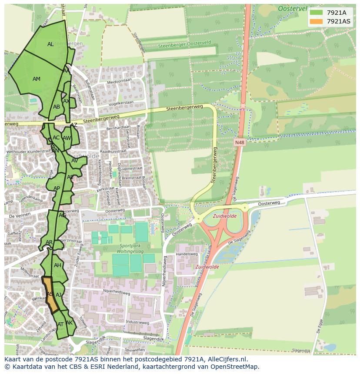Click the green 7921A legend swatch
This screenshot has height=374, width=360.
click(x=316, y=13)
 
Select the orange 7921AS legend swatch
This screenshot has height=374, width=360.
click(x=316, y=21)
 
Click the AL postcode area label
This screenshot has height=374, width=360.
click(x=50, y=44)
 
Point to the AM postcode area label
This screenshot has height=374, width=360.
click(x=37, y=79)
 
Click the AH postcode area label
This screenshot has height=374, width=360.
click(x=57, y=265)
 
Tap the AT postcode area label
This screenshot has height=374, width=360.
click(x=60, y=324)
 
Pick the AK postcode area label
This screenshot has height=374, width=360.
click(x=69, y=323)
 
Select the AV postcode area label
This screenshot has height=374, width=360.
click(x=74, y=161)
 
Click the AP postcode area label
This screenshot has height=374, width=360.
click(x=57, y=189)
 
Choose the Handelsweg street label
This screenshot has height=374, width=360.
click(x=187, y=254)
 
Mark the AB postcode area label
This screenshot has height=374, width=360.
click(x=57, y=107)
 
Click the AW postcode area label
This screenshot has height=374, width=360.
click(x=66, y=138)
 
